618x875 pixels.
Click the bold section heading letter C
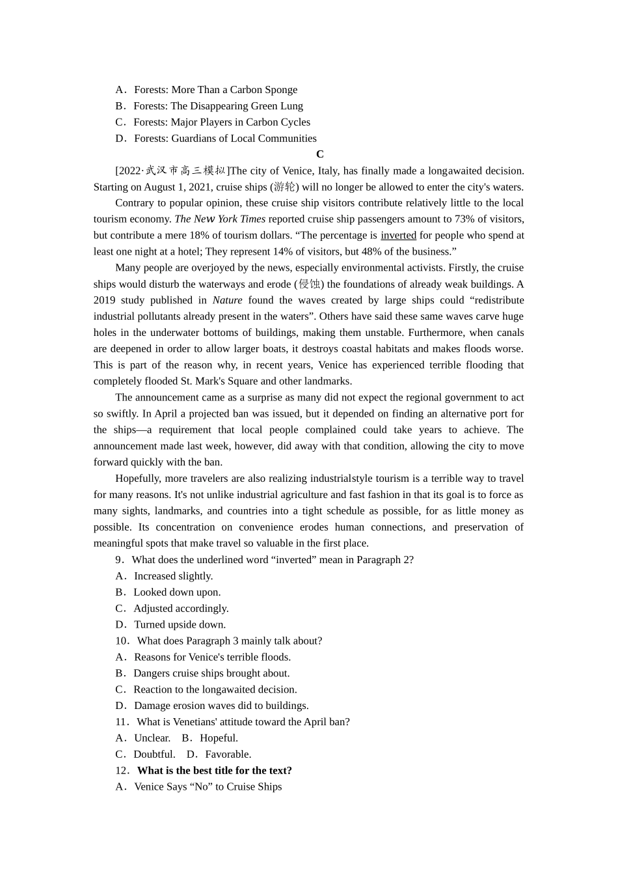coord(319,154)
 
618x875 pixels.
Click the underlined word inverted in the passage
coord(398,236)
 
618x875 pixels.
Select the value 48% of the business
coord(386,252)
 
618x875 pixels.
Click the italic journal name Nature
coord(227,300)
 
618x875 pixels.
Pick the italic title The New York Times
coord(220,219)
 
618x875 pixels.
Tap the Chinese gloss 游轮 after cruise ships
coord(284,187)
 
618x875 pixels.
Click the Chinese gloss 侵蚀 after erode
coord(309,284)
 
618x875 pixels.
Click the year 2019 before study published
coord(105,300)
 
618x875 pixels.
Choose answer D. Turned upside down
coord(170,624)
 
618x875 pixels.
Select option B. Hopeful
coord(210,738)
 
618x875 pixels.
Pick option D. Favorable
coord(219,755)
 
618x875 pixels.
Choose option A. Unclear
coord(143,738)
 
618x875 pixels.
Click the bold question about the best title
coord(214,771)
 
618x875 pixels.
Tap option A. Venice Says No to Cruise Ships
coord(199,787)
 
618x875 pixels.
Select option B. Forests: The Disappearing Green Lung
coord(209,106)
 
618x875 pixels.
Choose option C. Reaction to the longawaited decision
coord(206,689)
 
